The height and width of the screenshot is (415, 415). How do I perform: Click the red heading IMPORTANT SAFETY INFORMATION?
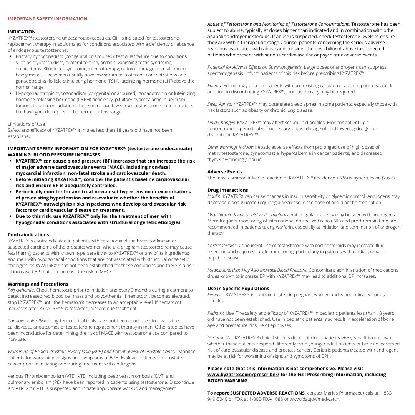pos(48,19)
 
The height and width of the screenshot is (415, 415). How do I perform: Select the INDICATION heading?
pos(22,32)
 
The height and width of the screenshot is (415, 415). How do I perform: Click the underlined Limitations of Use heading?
pos(26,124)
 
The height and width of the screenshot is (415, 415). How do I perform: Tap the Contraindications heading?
pos(28,235)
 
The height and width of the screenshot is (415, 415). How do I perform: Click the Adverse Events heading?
pos(225,172)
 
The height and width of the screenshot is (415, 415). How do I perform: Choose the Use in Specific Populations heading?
pos(238,289)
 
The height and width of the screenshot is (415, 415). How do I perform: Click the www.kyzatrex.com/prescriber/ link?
pos(243,375)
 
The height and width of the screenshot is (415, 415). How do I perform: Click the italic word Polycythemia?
pos(20,290)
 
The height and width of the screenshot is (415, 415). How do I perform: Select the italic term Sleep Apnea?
pos(219,104)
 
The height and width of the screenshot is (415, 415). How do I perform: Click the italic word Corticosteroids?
pos(222,246)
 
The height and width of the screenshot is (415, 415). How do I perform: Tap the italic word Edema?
pos(214,86)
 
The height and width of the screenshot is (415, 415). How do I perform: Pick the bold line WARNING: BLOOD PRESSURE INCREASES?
pos(54,155)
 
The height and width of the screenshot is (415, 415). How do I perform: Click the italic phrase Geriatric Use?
pos(220,338)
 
